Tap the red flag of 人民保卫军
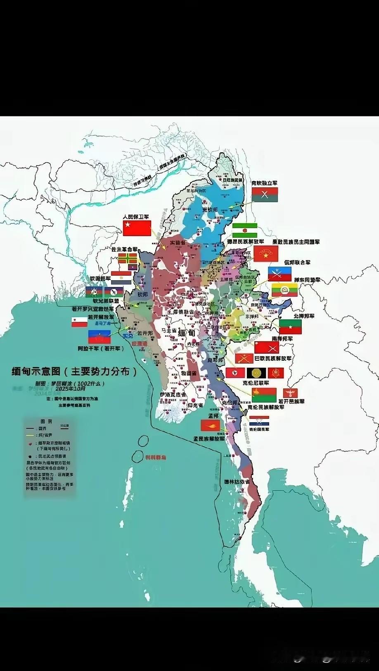coord(137,228)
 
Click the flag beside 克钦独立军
coord(265,195)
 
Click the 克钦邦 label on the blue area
coord(209,210)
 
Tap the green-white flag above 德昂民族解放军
coord(244,230)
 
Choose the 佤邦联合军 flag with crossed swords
coord(280,274)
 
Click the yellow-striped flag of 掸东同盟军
coord(284,291)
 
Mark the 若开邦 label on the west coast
coord(144,333)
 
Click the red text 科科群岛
coord(155,458)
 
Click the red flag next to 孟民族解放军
coord(210,425)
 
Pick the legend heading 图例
coord(46,421)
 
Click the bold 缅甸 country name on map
coord(187,333)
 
